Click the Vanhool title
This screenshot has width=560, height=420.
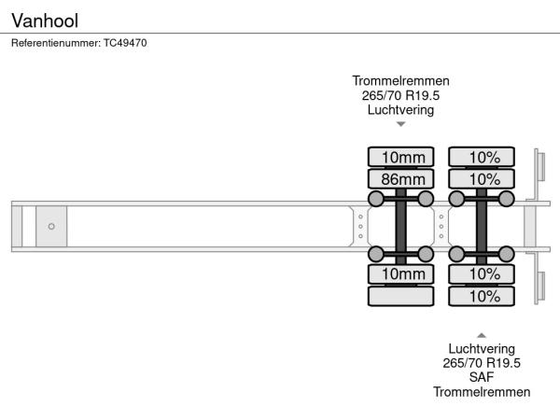tap(45, 20)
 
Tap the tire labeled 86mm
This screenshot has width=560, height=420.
tap(401, 178)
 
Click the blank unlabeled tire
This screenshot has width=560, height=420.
tap(401, 296)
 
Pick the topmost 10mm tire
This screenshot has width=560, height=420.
tap(401, 156)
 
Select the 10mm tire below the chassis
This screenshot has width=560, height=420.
tap(401, 273)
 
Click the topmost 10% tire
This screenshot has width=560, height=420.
tap(483, 156)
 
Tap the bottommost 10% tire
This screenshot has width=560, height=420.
tap(483, 296)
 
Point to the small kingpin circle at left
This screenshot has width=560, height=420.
tap(51, 226)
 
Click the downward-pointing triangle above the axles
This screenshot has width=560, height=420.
tap(400, 124)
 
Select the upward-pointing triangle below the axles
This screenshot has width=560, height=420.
tap(482, 334)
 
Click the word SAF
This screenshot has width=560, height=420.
tap(482, 377)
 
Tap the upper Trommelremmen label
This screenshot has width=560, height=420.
tap(400, 80)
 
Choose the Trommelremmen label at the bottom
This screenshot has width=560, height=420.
tap(482, 392)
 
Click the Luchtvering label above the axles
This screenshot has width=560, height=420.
tap(400, 110)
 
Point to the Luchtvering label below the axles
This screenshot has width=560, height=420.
tap(482, 348)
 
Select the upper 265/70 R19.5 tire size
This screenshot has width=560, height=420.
tap(400, 95)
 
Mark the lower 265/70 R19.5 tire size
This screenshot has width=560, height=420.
tap(482, 363)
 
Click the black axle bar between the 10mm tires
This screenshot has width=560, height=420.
tap(401, 226)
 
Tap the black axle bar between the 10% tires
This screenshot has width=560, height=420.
tap(482, 226)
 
